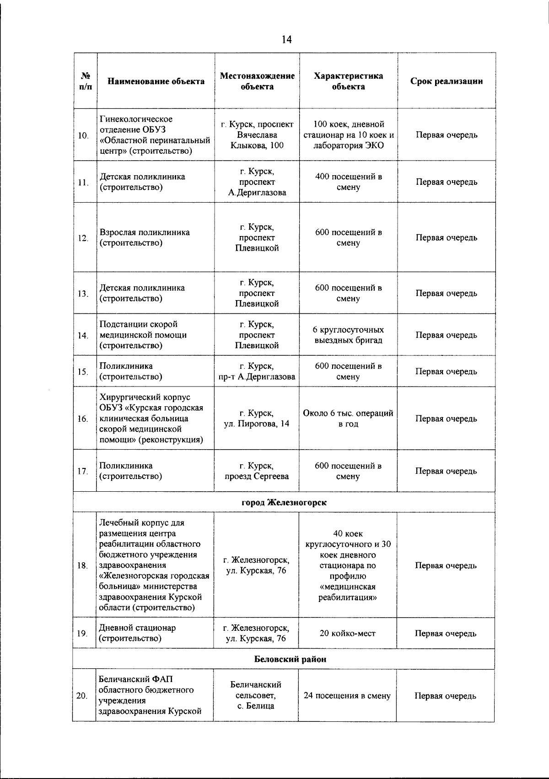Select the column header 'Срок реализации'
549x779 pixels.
pyautogui.click(x=446, y=81)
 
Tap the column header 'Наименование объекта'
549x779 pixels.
pyautogui.click(x=156, y=81)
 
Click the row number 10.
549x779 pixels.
pyautogui.click(x=83, y=135)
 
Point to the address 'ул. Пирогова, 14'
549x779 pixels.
pyautogui.click(x=257, y=424)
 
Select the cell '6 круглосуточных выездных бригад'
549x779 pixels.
pyautogui.click(x=348, y=335)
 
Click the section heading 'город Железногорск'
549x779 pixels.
pyautogui.click(x=284, y=503)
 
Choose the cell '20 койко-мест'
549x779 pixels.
pyautogui.click(x=348, y=634)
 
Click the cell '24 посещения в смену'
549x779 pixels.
pyautogui.click(x=347, y=696)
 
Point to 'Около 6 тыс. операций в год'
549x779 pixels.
pyautogui.click(x=348, y=419)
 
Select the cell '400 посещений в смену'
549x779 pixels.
pyautogui.click(x=348, y=182)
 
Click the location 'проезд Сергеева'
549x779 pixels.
pyautogui.click(x=257, y=477)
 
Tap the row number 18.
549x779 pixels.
pyautogui.click(x=82, y=566)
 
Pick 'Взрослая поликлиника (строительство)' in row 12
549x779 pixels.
pyautogui.click(x=145, y=238)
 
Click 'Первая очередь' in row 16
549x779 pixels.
pyautogui.click(x=446, y=419)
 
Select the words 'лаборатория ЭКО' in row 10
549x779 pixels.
pyautogui.click(x=348, y=146)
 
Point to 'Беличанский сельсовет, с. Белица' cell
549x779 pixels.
pyautogui.click(x=256, y=695)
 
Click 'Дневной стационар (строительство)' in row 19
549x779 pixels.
pyautogui.click(x=138, y=633)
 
